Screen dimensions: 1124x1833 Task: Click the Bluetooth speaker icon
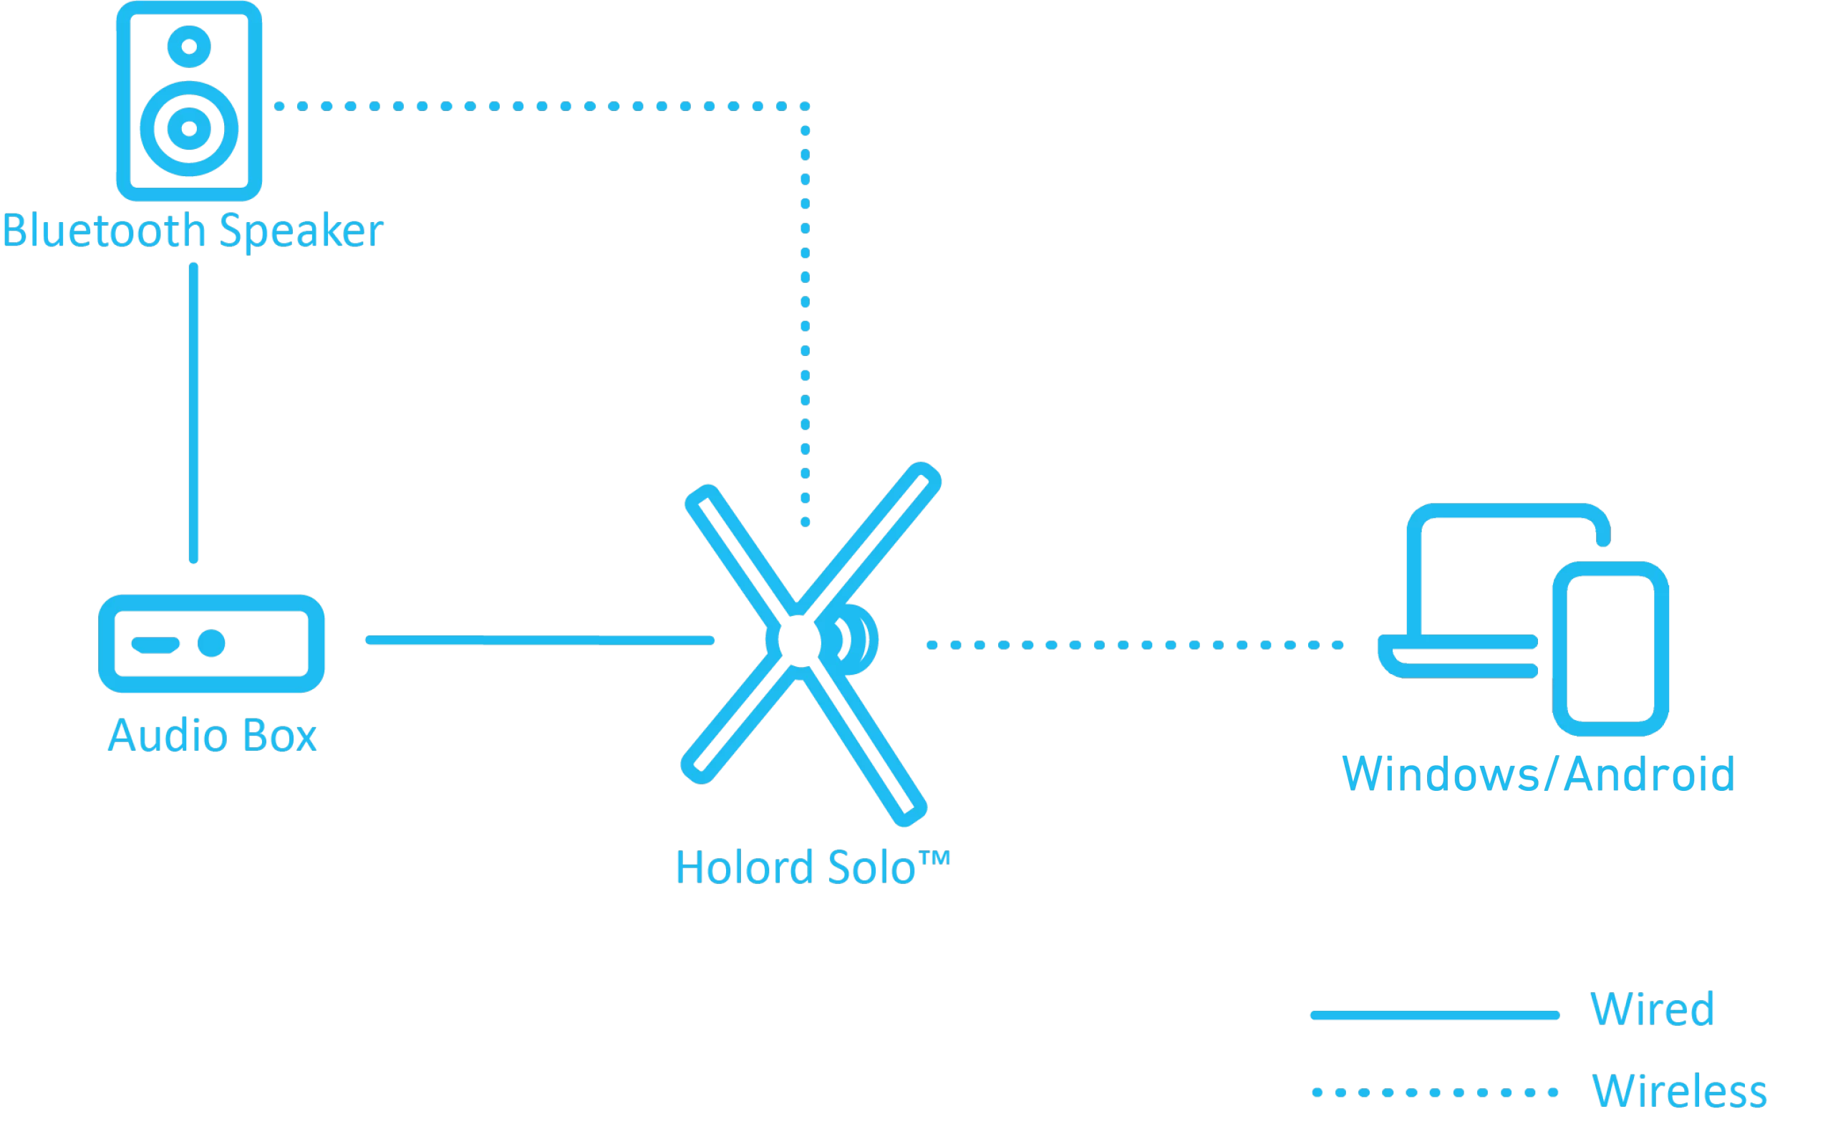189,100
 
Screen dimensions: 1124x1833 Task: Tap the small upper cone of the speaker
189,46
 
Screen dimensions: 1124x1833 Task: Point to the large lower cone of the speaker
189,128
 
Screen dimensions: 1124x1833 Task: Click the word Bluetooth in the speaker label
102,231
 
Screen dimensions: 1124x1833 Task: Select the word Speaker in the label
301,232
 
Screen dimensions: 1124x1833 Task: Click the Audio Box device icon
211,643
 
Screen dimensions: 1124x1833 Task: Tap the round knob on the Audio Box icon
212,643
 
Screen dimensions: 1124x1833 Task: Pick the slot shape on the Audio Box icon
155,644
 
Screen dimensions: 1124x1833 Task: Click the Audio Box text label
212,736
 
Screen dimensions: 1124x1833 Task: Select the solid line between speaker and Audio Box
193,413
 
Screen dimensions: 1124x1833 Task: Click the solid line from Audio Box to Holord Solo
539,640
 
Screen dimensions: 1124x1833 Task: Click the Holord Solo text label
813,868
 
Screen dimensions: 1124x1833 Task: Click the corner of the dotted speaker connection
805,107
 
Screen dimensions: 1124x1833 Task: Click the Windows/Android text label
1539,775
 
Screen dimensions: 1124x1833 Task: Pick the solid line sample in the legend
1434,1015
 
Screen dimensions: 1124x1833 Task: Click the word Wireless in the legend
1679,1091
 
